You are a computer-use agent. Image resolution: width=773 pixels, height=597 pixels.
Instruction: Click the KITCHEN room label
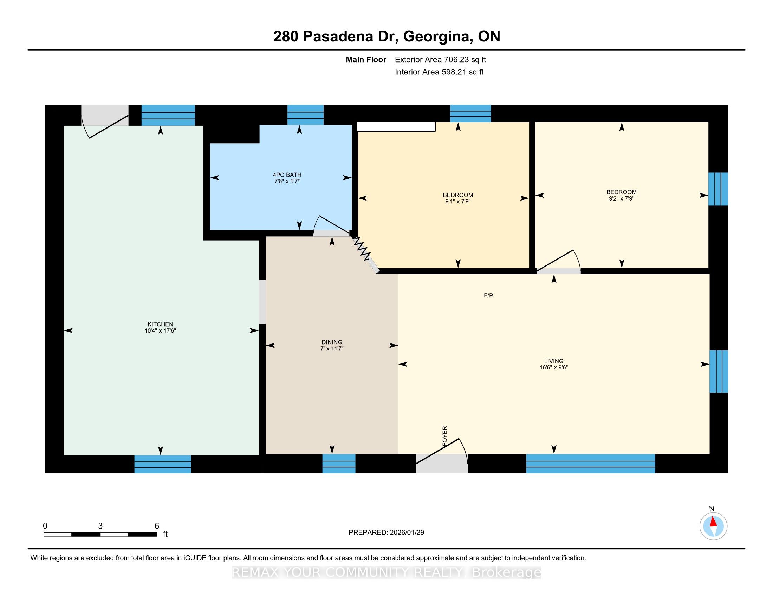(160, 324)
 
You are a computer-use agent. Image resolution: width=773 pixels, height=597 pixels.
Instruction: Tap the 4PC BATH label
(287, 175)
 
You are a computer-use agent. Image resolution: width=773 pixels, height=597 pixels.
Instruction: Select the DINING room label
(332, 342)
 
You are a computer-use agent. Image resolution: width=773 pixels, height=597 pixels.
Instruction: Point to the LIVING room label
(553, 361)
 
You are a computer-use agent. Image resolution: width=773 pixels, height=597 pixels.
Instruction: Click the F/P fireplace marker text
(488, 295)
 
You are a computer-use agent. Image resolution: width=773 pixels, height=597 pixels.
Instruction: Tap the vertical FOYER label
(445, 436)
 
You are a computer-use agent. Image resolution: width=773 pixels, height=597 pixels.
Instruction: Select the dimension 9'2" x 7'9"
(622, 199)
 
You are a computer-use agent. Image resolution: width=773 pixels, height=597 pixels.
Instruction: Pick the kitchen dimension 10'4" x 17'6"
(160, 331)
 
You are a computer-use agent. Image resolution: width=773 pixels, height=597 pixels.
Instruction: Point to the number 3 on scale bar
(100, 526)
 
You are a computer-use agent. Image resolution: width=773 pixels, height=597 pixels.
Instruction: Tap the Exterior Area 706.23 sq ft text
(440, 60)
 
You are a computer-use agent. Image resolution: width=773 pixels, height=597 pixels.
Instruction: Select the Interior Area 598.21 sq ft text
(439, 72)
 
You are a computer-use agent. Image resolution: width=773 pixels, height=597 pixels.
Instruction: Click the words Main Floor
(366, 60)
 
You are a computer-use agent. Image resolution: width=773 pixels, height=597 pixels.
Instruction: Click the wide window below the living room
(591, 463)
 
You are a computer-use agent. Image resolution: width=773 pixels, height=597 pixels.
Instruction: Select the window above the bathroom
(305, 115)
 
